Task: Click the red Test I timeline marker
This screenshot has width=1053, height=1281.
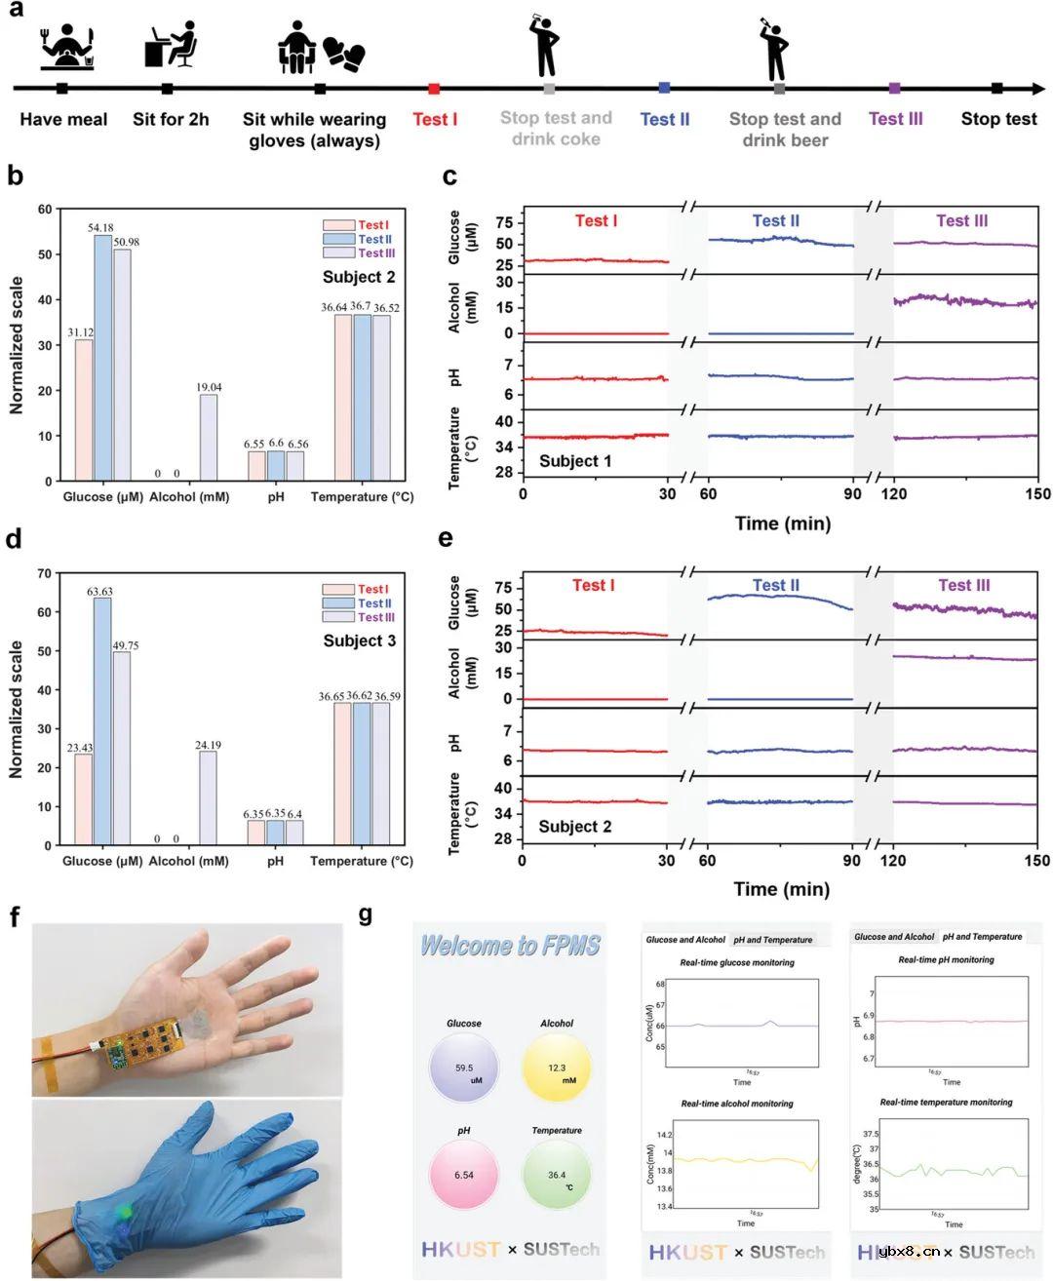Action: (434, 89)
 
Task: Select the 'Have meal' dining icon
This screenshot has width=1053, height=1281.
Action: (67, 48)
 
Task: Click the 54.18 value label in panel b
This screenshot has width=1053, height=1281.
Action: (101, 228)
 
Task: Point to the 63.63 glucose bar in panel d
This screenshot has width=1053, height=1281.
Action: (102, 721)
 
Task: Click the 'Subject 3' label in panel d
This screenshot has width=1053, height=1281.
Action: (360, 640)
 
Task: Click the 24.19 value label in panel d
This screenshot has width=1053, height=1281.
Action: (209, 746)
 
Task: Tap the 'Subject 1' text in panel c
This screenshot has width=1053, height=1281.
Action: (575, 460)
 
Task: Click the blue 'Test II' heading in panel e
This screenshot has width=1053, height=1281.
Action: (775, 586)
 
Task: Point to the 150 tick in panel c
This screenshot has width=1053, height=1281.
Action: (1037, 494)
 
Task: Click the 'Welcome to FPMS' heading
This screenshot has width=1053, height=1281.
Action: (510, 946)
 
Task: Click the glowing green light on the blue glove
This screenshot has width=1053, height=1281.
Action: (124, 1212)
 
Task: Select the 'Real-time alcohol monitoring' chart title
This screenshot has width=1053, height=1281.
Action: (737, 1105)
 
